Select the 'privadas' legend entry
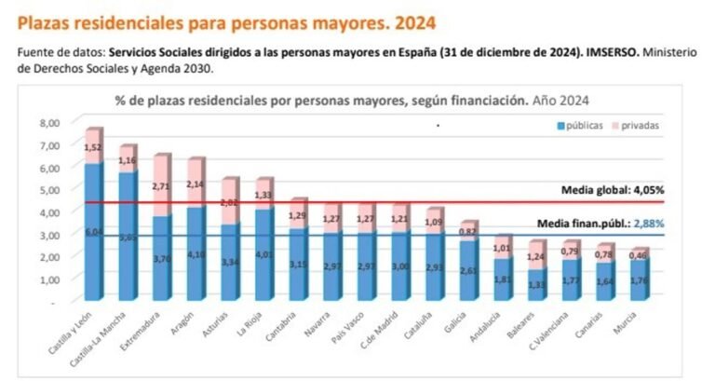(x=641, y=124)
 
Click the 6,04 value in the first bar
(x=94, y=231)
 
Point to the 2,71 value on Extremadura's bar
(x=162, y=185)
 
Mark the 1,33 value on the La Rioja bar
(x=264, y=195)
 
